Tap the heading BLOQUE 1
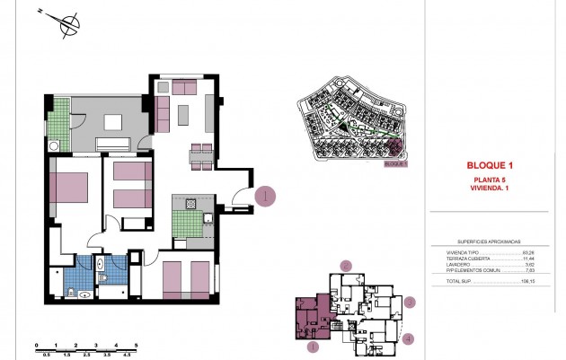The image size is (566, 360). (490, 166)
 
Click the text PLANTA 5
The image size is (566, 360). (490, 180)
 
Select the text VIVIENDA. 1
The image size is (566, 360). (490, 189)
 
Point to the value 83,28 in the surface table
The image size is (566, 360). (528, 253)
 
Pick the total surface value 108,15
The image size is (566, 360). (527, 282)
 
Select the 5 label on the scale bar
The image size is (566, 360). (135, 346)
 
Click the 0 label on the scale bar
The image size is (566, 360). (36, 346)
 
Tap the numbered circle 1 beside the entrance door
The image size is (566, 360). (266, 197)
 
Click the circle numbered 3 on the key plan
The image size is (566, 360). (409, 303)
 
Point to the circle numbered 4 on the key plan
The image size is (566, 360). (408, 339)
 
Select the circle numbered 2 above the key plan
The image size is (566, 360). (346, 266)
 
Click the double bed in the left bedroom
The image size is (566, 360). (70, 190)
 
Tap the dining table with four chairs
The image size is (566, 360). (201, 154)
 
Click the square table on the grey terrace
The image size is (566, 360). (112, 124)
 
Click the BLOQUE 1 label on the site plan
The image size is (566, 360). (395, 164)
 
